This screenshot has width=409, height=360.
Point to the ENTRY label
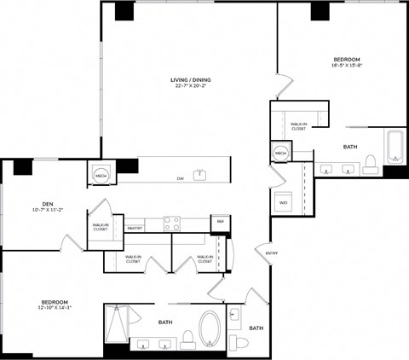[x=271, y=253]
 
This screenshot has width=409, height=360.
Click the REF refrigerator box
[x=220, y=222]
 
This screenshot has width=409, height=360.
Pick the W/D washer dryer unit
[x=283, y=203]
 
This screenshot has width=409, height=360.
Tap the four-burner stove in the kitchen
[x=172, y=224]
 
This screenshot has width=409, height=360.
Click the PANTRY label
[x=134, y=229]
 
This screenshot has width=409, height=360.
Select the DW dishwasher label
[x=180, y=178]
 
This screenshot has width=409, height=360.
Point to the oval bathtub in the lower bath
[x=210, y=328]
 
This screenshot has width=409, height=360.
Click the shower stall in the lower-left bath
[x=118, y=325]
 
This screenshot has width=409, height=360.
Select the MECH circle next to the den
[x=100, y=173]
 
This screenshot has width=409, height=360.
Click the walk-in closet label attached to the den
[x=101, y=227]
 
